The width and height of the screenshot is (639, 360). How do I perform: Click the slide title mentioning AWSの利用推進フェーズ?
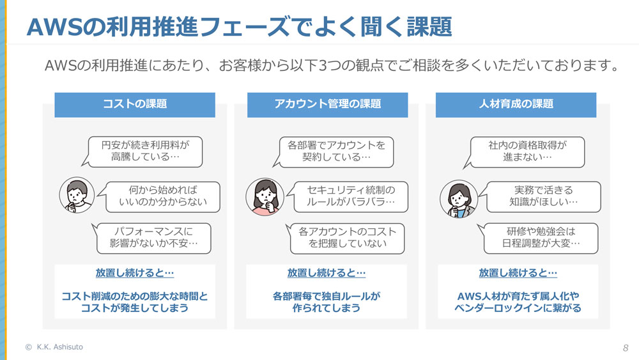tap(239, 27)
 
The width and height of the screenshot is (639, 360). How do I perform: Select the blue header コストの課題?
tap(135, 105)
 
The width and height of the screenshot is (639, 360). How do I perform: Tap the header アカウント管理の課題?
tap(327, 105)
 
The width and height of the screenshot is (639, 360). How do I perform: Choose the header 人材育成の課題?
tap(516, 105)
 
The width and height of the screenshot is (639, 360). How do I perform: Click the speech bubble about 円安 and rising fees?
tap(145, 152)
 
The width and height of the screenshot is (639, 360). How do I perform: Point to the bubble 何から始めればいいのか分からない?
tap(162, 197)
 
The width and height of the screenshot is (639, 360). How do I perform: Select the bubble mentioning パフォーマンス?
tap(153, 239)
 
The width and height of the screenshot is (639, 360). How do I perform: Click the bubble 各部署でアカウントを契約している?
tap(336, 152)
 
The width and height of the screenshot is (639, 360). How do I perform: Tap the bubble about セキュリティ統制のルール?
tap(350, 197)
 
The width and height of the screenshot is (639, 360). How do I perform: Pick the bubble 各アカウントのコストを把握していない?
tap(347, 239)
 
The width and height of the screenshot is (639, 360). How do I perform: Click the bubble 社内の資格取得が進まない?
tap(527, 152)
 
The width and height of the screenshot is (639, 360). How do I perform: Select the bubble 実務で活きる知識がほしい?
tap(543, 197)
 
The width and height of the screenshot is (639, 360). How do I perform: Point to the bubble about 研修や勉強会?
tap(541, 239)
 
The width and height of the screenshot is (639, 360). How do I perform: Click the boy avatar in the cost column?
tap(77, 195)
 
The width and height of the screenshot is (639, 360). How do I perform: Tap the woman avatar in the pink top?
tap(265, 196)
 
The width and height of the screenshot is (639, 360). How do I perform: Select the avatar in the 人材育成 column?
tap(459, 199)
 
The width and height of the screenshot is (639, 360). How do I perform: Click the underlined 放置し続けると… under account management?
tap(327, 273)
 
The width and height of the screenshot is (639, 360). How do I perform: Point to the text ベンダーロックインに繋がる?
tap(518, 308)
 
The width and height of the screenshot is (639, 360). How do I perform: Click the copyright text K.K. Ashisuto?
tap(54, 347)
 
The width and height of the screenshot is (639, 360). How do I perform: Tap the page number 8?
tap(626, 348)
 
